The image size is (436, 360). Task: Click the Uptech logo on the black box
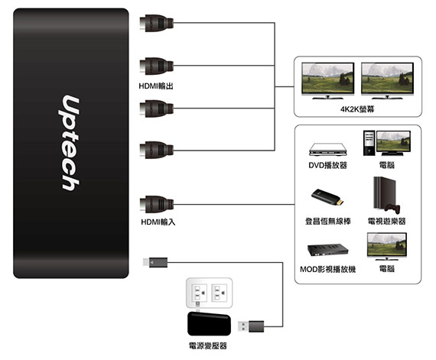tap(70, 143)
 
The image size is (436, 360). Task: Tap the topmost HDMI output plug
tap(156, 23)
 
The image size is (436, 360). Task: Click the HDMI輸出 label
tap(156, 86)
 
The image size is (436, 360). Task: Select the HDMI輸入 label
tap(158, 222)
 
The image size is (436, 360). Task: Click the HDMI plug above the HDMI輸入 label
tap(156, 204)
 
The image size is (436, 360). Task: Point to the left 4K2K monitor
tap(328, 80)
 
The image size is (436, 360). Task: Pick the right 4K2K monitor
tap(387, 80)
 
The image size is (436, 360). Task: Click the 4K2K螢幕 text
tap(357, 109)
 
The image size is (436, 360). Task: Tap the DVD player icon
tap(328, 149)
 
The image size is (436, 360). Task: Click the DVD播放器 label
tap(328, 165)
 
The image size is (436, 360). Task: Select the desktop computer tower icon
tap(369, 143)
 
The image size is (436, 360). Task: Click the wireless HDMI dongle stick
tap(327, 197)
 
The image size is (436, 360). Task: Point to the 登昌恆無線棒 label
tap(328, 222)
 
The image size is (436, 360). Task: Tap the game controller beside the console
tap(392, 209)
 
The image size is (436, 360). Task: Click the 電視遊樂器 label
tap(387, 222)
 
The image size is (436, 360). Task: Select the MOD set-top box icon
tap(328, 250)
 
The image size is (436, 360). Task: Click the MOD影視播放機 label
tap(328, 269)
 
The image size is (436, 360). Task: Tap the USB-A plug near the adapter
tap(251, 326)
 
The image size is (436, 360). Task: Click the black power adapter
tap(209, 323)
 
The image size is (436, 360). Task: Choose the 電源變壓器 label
tap(208, 345)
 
